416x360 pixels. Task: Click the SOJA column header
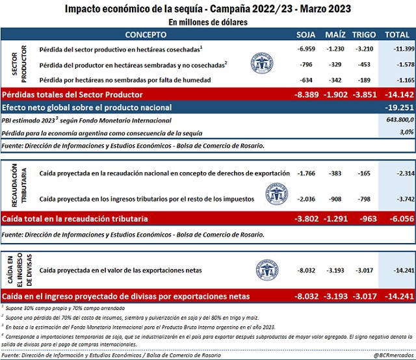click(305, 34)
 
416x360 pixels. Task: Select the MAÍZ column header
click(336, 34)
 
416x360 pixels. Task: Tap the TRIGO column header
click(364, 34)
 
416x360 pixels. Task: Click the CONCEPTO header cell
click(145, 34)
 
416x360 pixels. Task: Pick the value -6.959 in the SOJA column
click(305, 49)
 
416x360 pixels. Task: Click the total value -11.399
click(397, 49)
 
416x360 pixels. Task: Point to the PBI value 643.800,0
click(397, 120)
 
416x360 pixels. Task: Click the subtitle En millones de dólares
click(207, 21)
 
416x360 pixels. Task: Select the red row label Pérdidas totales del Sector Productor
click(78, 94)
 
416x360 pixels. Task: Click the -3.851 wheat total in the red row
click(364, 94)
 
